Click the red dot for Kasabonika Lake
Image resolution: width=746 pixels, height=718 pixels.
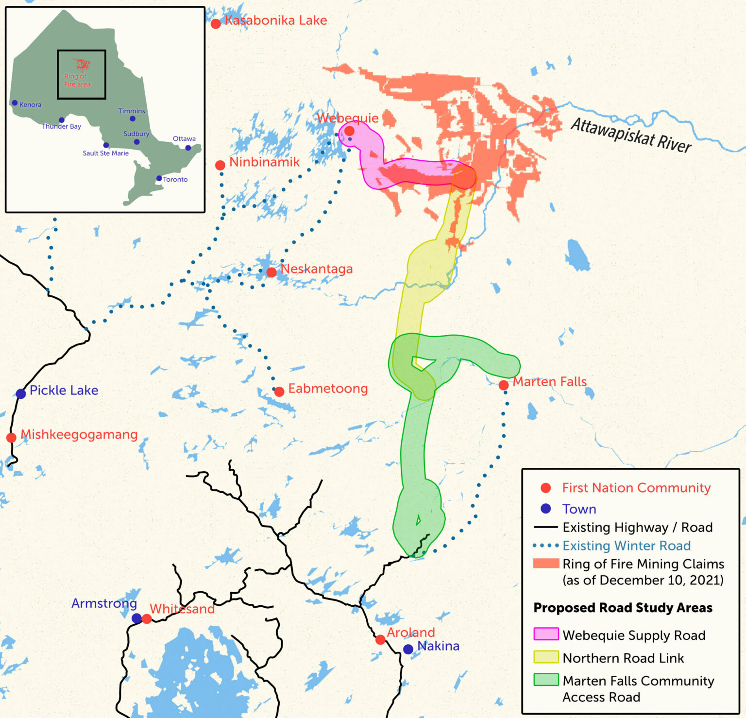pos(216,23)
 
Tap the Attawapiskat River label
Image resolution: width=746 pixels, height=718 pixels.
pos(631,136)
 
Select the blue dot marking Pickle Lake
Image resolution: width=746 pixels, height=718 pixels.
pos(20,393)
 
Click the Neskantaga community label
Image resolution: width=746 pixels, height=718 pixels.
pos(317,269)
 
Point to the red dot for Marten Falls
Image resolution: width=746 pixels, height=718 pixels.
pos(504,385)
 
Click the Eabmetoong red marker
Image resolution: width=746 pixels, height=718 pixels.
pos(279,392)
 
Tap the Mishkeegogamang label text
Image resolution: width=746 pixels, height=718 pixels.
pos(79,434)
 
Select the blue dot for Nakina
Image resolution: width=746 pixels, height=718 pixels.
pos(408,649)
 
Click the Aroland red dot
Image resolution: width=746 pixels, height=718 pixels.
pos(381,640)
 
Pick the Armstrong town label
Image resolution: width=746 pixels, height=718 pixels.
pos(104,603)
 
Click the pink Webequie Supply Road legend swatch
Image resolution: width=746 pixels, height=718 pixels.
pos(546,634)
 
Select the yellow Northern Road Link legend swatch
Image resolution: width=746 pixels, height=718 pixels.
pos(546,657)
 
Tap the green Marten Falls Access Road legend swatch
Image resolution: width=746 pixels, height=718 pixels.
pos(546,680)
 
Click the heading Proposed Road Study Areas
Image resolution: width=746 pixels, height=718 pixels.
pos(623,608)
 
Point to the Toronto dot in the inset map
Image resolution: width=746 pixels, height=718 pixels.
pos(159,178)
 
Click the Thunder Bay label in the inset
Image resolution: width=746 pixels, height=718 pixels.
pos(61,126)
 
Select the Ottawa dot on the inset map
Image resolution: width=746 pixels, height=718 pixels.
pos(188,148)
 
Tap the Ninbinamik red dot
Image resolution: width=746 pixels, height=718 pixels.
pos(220,165)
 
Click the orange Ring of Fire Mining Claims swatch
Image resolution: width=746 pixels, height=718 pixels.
pos(546,564)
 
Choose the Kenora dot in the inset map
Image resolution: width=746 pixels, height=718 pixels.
pos(15,103)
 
